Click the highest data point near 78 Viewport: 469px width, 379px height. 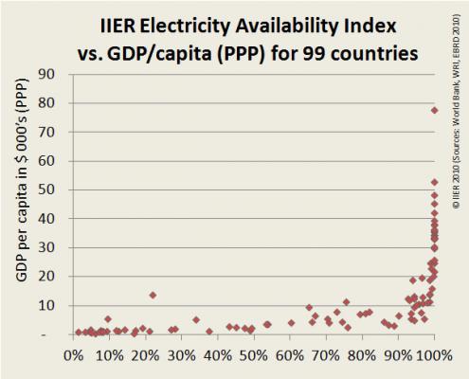[435, 110]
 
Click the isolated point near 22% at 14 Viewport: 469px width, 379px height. [153, 295]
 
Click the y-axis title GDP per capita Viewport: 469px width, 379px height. [20, 205]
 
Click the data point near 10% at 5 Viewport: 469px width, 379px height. [108, 319]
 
